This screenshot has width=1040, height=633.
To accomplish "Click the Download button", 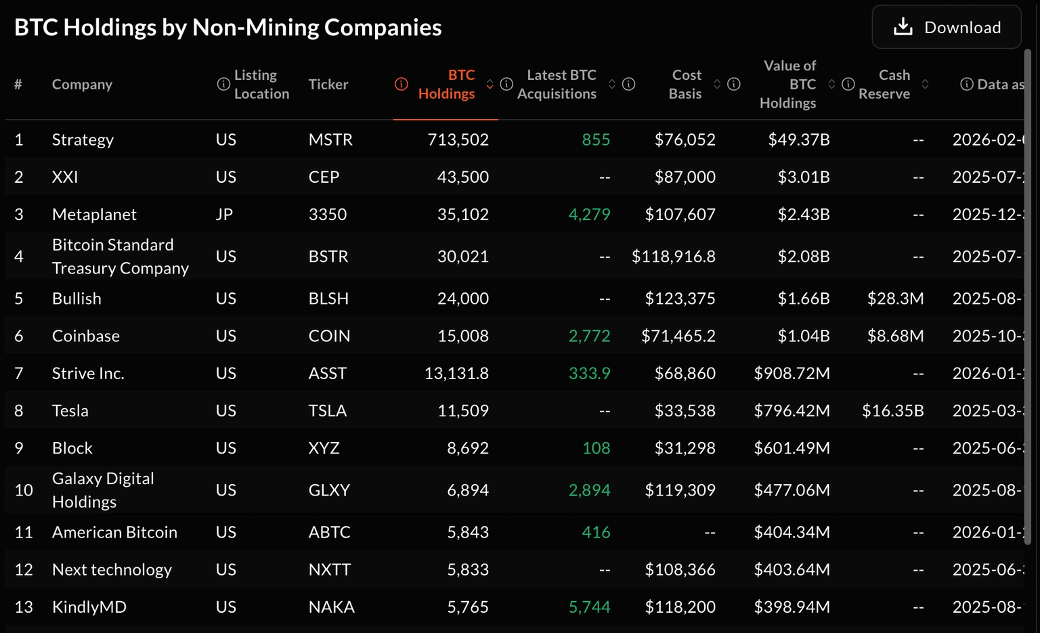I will (x=946, y=27).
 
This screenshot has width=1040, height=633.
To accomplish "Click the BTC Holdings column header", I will (x=446, y=85).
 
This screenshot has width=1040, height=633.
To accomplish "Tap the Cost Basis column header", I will (x=686, y=85).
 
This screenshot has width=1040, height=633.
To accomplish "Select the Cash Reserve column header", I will (x=884, y=85).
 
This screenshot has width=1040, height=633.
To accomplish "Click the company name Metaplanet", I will (x=94, y=215).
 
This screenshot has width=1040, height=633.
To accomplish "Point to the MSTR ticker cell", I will (x=330, y=140).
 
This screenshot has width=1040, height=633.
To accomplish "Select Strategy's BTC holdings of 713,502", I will (x=458, y=140).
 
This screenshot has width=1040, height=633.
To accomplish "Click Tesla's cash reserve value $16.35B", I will (x=892, y=411).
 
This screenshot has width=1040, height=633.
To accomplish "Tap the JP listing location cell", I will (x=224, y=215).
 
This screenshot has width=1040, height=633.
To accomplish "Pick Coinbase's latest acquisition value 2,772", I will (x=589, y=336).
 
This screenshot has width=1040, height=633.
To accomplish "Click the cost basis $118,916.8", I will (x=673, y=257).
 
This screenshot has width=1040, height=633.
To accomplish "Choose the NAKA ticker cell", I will (x=331, y=607).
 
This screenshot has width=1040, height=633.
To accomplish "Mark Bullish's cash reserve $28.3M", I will (x=895, y=299).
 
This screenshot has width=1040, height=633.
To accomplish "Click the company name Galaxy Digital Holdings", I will (x=103, y=490).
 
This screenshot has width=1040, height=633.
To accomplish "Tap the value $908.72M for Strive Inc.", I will (x=792, y=374).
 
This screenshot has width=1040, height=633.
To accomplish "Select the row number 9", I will (x=19, y=448).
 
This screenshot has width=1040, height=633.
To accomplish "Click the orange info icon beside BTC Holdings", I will (x=402, y=84).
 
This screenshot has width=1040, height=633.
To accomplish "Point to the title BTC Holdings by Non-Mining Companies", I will (x=227, y=27).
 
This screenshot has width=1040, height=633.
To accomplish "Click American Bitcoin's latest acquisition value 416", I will (x=596, y=533).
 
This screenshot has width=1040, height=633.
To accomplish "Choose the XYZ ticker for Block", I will (x=324, y=448).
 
